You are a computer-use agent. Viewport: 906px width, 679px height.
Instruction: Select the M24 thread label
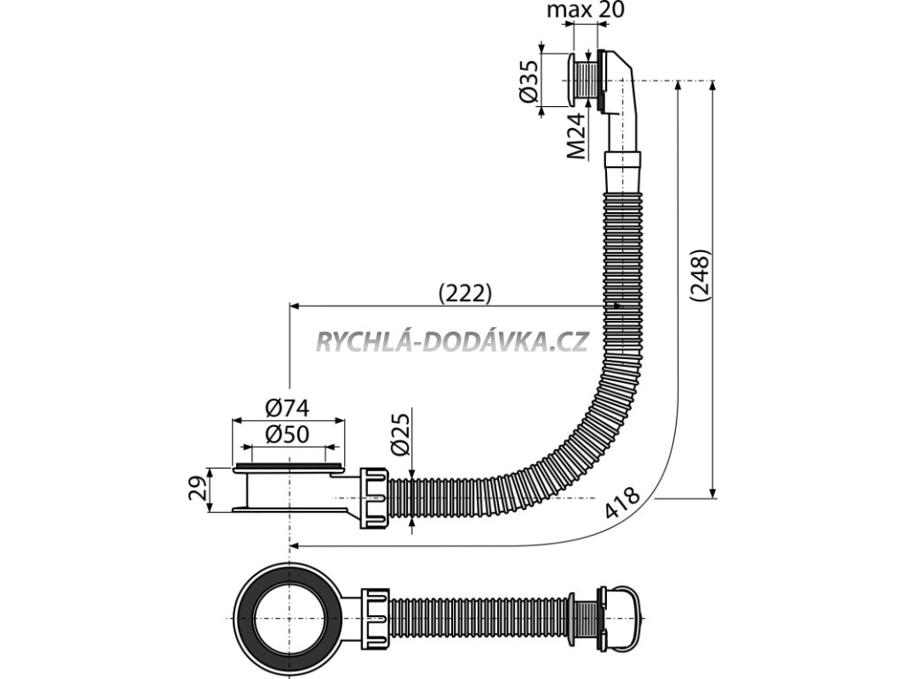tap(576, 135)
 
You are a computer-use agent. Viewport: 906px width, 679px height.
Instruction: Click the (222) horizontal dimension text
tap(465, 294)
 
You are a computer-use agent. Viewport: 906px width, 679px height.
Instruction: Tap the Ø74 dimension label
tap(288, 408)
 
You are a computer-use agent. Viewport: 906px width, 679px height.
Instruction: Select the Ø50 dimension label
tap(288, 435)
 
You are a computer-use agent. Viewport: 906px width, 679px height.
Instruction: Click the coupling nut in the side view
tap(375, 498)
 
